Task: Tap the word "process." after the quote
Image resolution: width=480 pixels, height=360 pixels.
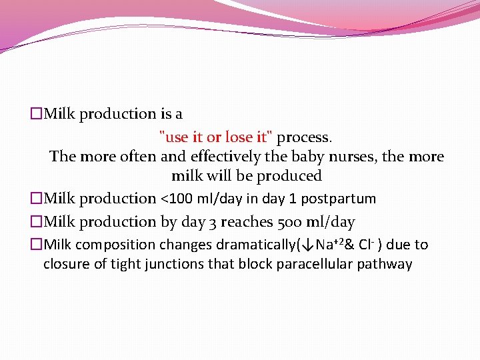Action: point(305,137)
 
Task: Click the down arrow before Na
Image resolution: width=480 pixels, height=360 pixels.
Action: point(308,245)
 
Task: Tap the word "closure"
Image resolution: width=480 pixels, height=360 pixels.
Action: point(66,264)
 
